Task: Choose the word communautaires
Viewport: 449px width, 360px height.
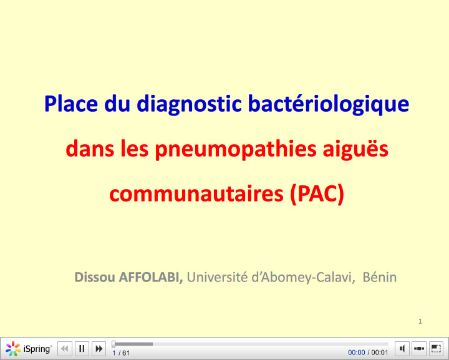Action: (x=196, y=194)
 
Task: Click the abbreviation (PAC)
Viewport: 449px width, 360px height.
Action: (x=317, y=194)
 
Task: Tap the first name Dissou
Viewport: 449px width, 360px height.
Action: (x=95, y=277)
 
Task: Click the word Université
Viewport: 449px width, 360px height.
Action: (x=217, y=277)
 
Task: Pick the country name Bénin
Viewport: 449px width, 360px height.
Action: (x=380, y=277)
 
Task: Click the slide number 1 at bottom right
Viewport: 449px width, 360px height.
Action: (x=421, y=321)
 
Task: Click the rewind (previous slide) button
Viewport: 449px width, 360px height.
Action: (x=65, y=349)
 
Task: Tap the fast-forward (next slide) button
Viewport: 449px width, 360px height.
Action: (x=99, y=349)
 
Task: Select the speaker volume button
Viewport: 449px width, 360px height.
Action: (x=403, y=349)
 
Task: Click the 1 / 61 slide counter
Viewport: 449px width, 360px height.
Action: (x=121, y=353)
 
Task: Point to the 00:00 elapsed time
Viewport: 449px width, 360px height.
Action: (x=356, y=353)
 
